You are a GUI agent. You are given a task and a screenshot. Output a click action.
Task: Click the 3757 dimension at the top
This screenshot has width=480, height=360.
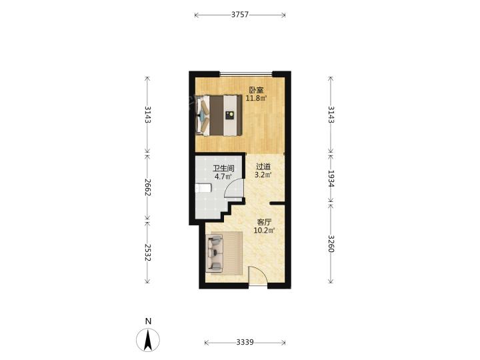coord(240,15)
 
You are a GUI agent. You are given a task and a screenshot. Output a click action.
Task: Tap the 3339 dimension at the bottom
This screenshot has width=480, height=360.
coord(245,342)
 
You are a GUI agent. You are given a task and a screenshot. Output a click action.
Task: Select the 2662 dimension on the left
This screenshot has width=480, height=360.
coord(147,187)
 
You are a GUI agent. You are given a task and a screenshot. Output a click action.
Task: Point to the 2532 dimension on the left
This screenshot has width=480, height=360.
coord(147,252)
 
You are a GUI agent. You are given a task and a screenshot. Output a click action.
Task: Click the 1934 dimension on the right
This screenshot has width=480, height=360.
coord(331,179)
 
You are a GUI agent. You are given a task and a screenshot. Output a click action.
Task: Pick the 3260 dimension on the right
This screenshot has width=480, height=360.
coord(331,243)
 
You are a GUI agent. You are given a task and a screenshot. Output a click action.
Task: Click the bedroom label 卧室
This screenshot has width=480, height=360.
coord(256,90)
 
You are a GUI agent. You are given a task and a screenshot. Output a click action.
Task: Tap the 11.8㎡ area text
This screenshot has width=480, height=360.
coord(256,98)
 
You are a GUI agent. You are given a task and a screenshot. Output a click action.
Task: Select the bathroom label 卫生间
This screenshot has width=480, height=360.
coord(223,169)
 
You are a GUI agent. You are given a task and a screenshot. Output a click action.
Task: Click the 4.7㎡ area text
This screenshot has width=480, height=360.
coord(223,177)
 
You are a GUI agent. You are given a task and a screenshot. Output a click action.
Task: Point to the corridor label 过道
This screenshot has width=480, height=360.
coord(263,167)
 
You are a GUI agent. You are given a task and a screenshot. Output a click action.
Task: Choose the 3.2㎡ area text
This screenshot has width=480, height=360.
coord(263,175)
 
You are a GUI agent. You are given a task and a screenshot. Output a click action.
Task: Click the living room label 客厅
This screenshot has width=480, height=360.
coord(264,222)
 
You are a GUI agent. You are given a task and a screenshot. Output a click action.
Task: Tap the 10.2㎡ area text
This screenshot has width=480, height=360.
coord(264,230)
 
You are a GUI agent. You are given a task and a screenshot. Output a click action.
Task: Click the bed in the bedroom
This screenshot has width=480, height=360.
coord(219,115)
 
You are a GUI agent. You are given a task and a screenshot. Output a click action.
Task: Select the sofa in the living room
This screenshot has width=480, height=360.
coord(214,253)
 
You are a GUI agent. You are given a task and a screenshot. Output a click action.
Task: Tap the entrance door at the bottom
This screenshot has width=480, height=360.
coord(258,275)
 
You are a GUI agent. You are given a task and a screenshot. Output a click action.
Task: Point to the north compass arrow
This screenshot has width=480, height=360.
coord(148,340)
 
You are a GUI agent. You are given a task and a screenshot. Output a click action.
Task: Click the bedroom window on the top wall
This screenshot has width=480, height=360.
coord(246,73)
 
